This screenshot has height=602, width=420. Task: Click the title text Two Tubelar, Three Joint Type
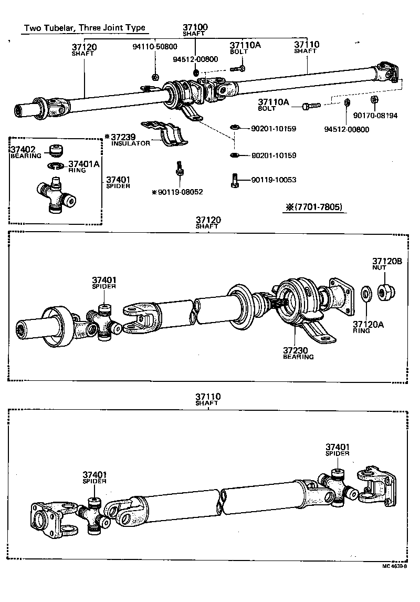tap(85, 28)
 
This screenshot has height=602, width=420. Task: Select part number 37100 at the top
tap(195, 27)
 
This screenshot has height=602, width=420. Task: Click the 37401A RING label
tap(83, 166)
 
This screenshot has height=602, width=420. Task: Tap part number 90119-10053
tap(274, 180)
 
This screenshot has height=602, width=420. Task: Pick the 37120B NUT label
tap(387, 263)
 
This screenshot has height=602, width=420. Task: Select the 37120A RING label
tap(368, 327)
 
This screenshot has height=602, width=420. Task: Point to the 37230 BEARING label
tap(298, 353)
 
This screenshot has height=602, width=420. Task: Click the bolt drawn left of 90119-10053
tap(235, 181)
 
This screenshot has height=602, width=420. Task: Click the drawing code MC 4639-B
tap(394, 567)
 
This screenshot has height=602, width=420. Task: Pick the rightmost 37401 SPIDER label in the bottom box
tap(337, 449)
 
